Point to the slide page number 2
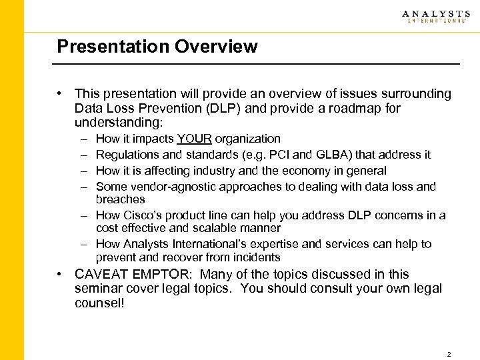point(449,354)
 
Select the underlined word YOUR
point(194,139)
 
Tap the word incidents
point(257,257)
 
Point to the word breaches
point(120,199)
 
